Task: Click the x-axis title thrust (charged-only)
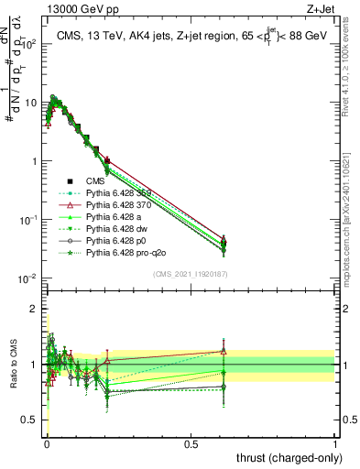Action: [x=287, y=458]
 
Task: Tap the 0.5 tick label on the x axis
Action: [x=191, y=442]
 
